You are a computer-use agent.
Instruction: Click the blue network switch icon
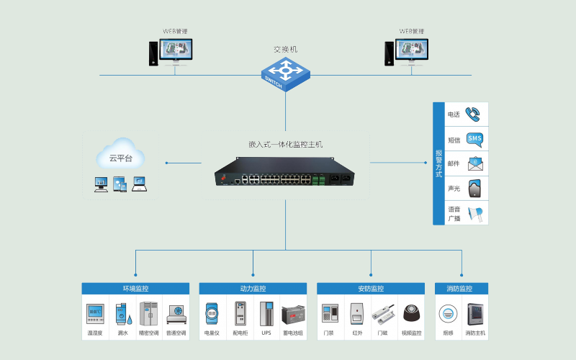point(286,73)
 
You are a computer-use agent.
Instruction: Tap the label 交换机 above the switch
point(286,50)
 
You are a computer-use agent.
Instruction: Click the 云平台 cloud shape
point(121,157)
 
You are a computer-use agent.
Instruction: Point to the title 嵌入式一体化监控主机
point(286,145)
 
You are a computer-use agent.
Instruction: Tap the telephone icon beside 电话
point(474,114)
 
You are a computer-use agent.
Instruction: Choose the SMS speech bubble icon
point(474,138)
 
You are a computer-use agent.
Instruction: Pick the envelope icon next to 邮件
point(474,163)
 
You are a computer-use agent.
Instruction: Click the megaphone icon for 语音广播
point(474,214)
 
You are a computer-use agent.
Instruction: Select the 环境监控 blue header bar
point(136,289)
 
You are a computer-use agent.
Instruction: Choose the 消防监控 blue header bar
point(462,289)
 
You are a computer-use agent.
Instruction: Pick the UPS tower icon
point(267,315)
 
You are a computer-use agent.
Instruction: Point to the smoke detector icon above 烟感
point(448,315)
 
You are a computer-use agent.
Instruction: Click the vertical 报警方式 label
point(439,163)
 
